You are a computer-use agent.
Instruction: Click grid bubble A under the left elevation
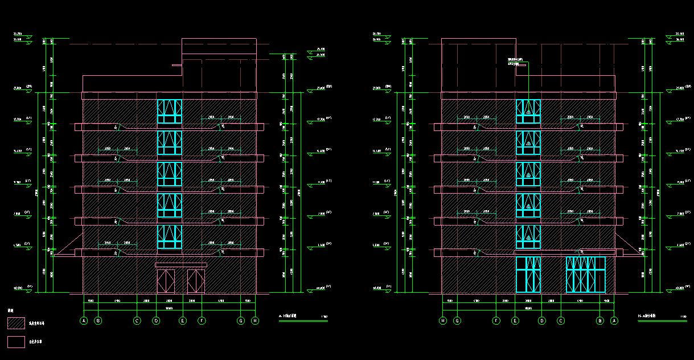84,321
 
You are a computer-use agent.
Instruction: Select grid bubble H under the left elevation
255,321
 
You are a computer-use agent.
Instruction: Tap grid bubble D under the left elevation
156,321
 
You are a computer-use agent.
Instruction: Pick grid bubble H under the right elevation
442,321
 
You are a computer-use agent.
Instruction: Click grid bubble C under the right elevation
561,321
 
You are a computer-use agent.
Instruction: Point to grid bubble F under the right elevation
496,321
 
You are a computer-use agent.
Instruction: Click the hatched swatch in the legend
16,323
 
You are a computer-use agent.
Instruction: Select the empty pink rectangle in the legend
16,341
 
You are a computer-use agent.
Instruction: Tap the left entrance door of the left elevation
166,281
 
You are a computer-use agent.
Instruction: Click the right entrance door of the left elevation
196,281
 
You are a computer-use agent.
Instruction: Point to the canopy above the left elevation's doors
181,265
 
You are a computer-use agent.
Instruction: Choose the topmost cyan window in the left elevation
169,111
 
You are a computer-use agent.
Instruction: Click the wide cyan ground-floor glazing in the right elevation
585,275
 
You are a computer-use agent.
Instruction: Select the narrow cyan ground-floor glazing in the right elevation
528,275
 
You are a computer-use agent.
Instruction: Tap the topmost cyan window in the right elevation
528,111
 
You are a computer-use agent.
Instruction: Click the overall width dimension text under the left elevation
169,308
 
